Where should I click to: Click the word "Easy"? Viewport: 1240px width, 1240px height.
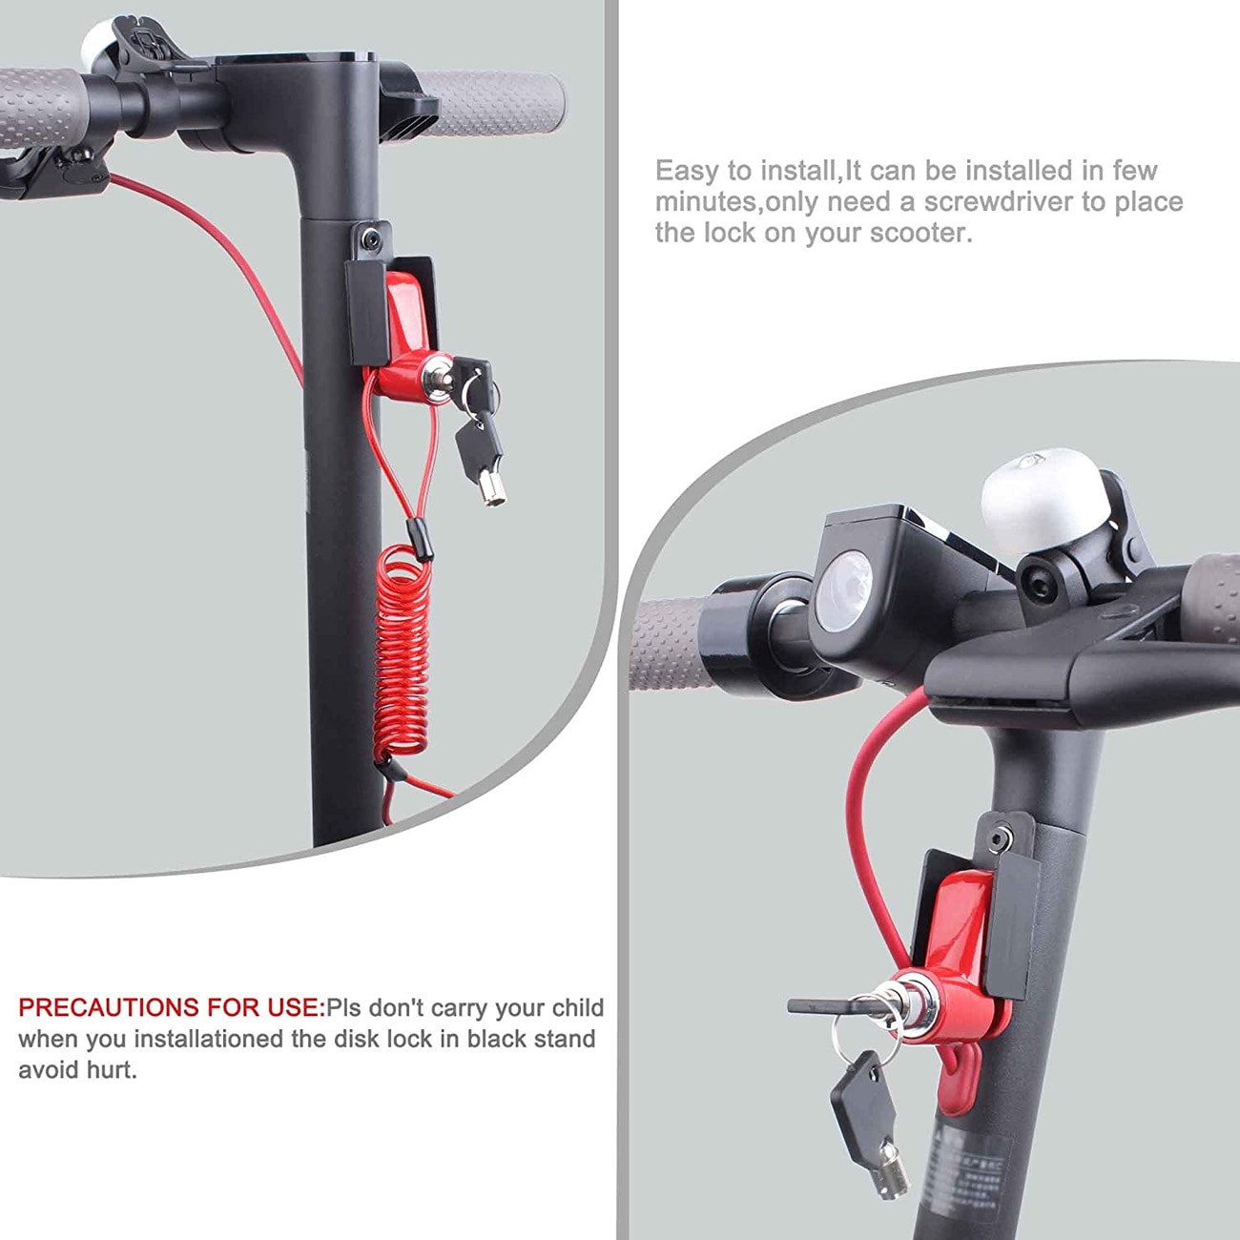687,172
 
